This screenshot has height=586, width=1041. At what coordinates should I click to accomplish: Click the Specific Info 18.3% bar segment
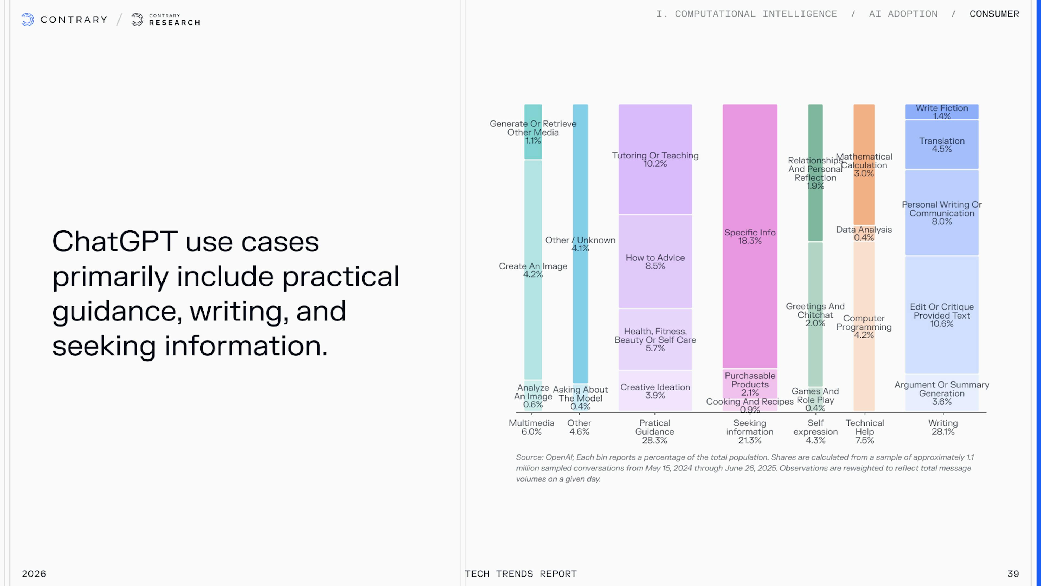pos(750,236)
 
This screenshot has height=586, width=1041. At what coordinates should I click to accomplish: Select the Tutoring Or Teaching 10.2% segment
pos(655,159)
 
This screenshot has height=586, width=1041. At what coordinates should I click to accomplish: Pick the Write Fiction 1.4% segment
pos(942,112)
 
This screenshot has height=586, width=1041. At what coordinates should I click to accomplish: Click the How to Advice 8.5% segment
pos(655,261)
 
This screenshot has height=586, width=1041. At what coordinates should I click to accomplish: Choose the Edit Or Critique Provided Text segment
pos(942,315)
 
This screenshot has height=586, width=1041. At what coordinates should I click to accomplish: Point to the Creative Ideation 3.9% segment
pos(655,391)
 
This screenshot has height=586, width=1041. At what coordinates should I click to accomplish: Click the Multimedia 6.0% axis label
pos(531,427)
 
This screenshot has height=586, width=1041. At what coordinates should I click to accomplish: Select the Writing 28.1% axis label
pos(943,427)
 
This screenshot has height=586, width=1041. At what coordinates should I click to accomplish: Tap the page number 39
pos(1013,574)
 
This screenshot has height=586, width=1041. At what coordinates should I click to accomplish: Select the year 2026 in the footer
pos(34,574)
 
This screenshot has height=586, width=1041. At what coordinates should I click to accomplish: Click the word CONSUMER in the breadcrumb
pos(994,14)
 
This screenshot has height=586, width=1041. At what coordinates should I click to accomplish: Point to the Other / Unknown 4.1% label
pos(580,244)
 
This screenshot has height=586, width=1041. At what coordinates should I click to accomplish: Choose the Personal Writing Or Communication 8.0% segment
pos(942,213)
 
